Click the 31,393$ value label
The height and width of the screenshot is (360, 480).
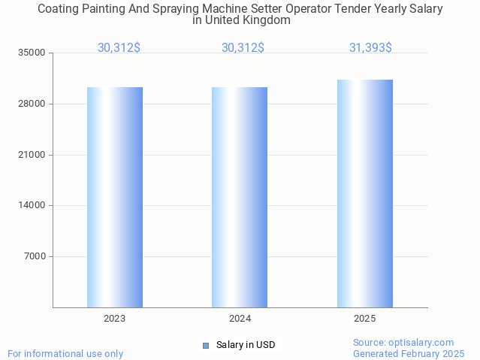click(x=370, y=47)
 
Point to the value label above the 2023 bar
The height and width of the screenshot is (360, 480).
click(x=119, y=47)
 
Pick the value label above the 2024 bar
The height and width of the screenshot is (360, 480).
click(x=243, y=47)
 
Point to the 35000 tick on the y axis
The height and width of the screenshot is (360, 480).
click(x=32, y=53)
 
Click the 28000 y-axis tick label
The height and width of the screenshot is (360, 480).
click(x=32, y=104)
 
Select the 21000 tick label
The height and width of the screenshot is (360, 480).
click(x=32, y=155)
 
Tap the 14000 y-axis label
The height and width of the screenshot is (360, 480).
click(x=32, y=205)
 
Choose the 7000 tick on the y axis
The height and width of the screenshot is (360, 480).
click(x=35, y=256)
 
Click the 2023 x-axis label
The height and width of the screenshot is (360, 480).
click(x=115, y=319)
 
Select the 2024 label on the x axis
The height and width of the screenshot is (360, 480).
click(x=240, y=319)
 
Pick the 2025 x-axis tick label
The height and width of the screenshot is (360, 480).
click(x=365, y=319)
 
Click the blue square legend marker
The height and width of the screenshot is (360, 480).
click(x=205, y=346)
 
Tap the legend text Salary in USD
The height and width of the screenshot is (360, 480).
click(x=246, y=345)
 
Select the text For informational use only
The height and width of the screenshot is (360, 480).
click(x=65, y=353)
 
